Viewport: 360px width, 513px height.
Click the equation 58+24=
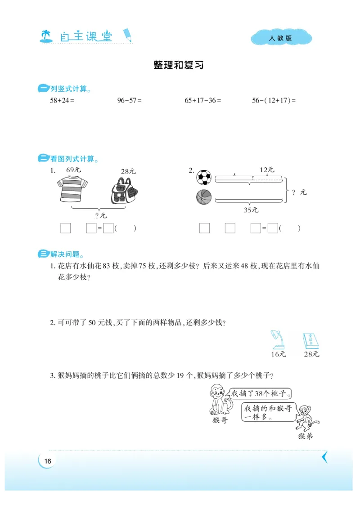click(62, 101)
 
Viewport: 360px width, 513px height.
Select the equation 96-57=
click(129, 101)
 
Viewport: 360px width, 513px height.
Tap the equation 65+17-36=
click(203, 101)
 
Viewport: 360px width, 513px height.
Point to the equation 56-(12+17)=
click(274, 101)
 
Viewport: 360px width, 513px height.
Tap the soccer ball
click(204, 178)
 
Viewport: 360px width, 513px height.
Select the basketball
click(204, 197)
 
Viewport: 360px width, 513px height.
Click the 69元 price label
click(73, 170)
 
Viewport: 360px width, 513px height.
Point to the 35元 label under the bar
click(251, 210)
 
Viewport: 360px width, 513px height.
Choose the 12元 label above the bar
click(267, 170)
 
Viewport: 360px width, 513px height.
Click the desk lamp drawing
click(276, 340)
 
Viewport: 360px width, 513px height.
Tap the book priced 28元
click(310, 341)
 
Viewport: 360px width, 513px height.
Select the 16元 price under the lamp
click(278, 354)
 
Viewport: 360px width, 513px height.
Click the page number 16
click(48, 461)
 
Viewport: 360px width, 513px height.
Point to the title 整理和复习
click(179, 65)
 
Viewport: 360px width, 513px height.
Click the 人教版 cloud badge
click(281, 38)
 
